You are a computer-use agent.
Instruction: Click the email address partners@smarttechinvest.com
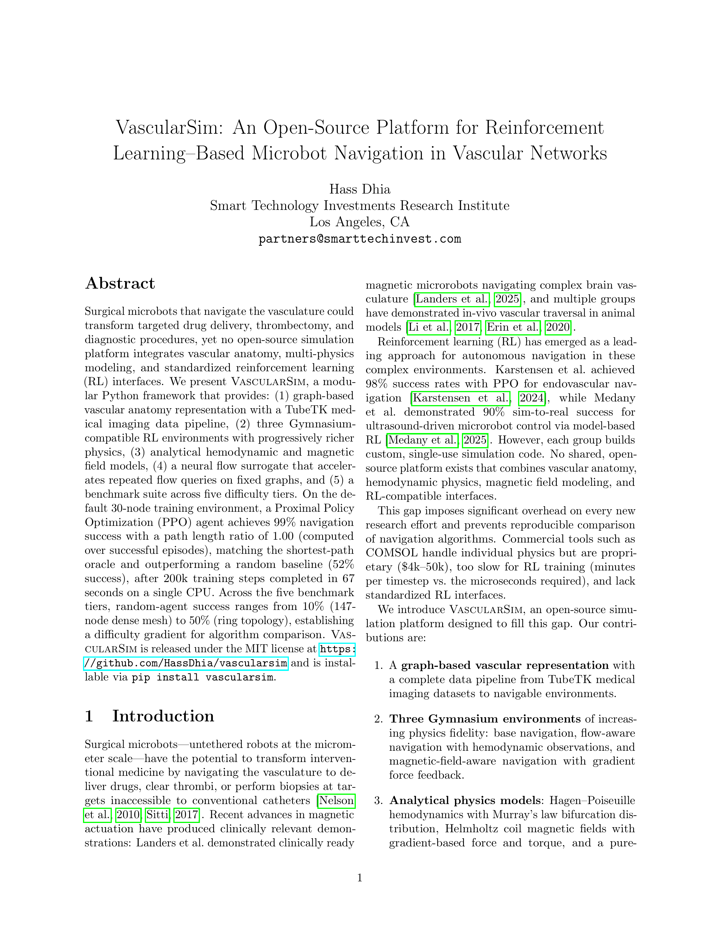(x=359, y=239)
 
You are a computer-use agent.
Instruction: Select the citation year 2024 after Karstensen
(x=531, y=398)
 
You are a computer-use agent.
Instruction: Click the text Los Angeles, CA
(x=359, y=222)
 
